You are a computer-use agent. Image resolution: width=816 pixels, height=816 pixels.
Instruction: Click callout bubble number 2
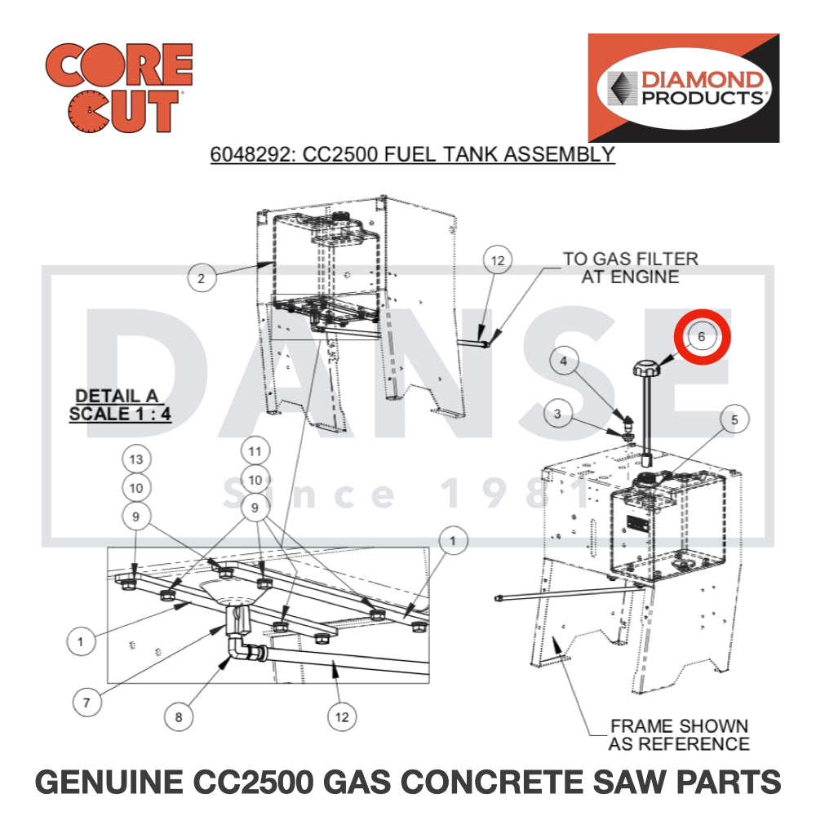tap(202, 278)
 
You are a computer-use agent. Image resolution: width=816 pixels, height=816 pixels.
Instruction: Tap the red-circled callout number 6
tap(702, 337)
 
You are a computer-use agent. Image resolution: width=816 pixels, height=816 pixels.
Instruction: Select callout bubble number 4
tap(564, 361)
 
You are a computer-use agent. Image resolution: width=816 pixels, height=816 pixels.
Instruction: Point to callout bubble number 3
tap(558, 414)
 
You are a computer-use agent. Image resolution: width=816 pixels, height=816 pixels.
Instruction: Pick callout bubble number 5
tap(734, 419)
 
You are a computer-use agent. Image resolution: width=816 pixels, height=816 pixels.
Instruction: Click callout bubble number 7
tap(87, 702)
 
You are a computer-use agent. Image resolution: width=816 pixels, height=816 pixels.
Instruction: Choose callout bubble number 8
tap(179, 716)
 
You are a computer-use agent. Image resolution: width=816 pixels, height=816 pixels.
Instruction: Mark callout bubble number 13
tap(136, 459)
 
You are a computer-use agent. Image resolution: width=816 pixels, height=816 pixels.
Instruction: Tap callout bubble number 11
tap(255, 450)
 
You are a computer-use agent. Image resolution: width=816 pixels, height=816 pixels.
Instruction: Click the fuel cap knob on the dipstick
tap(647, 368)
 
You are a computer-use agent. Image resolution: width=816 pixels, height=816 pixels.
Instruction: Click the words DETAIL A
tap(117, 396)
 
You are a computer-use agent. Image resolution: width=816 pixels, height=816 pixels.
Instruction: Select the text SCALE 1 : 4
tap(120, 414)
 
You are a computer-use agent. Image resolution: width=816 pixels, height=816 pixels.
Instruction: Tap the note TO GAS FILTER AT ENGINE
tap(631, 268)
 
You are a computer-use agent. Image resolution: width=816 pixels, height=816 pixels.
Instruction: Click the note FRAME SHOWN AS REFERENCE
tap(679, 735)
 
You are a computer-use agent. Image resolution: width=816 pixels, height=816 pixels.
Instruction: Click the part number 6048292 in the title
tap(252, 154)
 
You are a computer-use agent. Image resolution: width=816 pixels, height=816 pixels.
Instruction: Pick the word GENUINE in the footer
tap(109, 782)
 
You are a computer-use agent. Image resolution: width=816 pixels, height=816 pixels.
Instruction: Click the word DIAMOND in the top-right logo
tap(702, 80)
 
